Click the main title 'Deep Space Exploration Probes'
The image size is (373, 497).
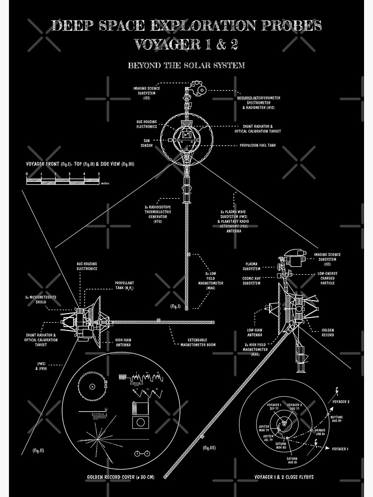tap(186, 25)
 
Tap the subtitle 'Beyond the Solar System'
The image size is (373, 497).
tap(186, 65)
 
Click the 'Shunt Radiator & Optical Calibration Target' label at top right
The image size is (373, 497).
tap(258, 129)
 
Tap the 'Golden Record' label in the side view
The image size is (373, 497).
tap(328, 332)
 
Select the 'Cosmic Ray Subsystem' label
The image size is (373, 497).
tap(251, 280)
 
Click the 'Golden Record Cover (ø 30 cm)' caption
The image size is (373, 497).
tap(120, 477)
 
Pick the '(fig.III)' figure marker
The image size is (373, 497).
tap(209, 448)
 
